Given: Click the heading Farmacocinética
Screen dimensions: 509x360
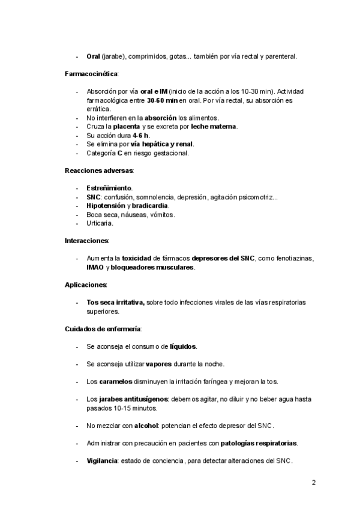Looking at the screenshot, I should (x=91, y=74).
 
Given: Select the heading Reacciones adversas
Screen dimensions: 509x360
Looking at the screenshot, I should (x=99, y=170).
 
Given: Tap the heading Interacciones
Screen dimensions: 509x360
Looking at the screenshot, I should (x=86, y=241).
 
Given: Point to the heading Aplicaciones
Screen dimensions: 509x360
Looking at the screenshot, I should (x=86, y=284).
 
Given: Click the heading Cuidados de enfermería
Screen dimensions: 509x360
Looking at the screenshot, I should (x=103, y=329).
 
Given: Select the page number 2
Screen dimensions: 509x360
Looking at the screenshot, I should (x=313, y=482).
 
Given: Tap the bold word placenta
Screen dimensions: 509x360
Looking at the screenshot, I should (x=126, y=127).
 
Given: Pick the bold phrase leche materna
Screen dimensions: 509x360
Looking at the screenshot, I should (x=214, y=127).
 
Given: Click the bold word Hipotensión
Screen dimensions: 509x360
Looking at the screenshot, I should (x=106, y=205).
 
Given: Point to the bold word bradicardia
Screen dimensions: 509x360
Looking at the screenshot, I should (x=151, y=205).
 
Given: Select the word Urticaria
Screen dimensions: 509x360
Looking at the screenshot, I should (x=100, y=223).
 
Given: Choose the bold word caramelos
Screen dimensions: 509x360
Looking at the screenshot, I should (x=116, y=382).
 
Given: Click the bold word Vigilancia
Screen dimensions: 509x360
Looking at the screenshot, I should (x=103, y=461).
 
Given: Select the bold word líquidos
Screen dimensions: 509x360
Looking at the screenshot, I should (x=183, y=346).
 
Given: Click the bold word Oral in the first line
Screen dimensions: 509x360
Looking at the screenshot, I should (x=93, y=57).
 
